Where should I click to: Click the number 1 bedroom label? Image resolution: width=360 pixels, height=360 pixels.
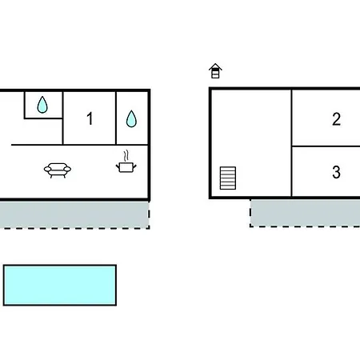(90, 118)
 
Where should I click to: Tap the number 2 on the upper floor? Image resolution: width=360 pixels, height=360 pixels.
(336, 119)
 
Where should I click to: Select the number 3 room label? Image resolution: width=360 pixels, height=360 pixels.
(336, 172)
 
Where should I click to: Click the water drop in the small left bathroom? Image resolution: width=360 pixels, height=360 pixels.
(42, 105)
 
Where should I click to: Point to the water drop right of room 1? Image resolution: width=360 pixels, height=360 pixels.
(131, 118)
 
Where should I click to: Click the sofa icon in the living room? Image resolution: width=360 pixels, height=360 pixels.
(58, 170)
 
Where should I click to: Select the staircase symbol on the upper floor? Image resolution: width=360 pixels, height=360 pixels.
(228, 178)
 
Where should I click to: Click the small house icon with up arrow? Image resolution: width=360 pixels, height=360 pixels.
(215, 71)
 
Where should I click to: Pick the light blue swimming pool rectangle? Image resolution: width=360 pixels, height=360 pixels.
(60, 285)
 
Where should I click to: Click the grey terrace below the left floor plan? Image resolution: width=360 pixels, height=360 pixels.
(74, 214)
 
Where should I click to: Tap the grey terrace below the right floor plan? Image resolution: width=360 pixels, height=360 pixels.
(305, 213)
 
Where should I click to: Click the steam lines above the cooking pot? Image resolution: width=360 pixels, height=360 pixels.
(126, 156)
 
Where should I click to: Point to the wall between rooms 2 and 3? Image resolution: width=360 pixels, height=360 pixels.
(326, 146)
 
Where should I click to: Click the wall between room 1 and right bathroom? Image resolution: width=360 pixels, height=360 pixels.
(116, 118)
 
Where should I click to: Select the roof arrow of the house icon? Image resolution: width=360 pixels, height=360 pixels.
(215, 66)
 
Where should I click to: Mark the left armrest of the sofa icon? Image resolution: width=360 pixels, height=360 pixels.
(48, 169)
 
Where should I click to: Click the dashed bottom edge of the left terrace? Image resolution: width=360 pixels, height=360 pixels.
(74, 228)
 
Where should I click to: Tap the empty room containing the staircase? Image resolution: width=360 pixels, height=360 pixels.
(251, 143)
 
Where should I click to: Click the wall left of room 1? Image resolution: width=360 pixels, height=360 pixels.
(63, 118)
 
